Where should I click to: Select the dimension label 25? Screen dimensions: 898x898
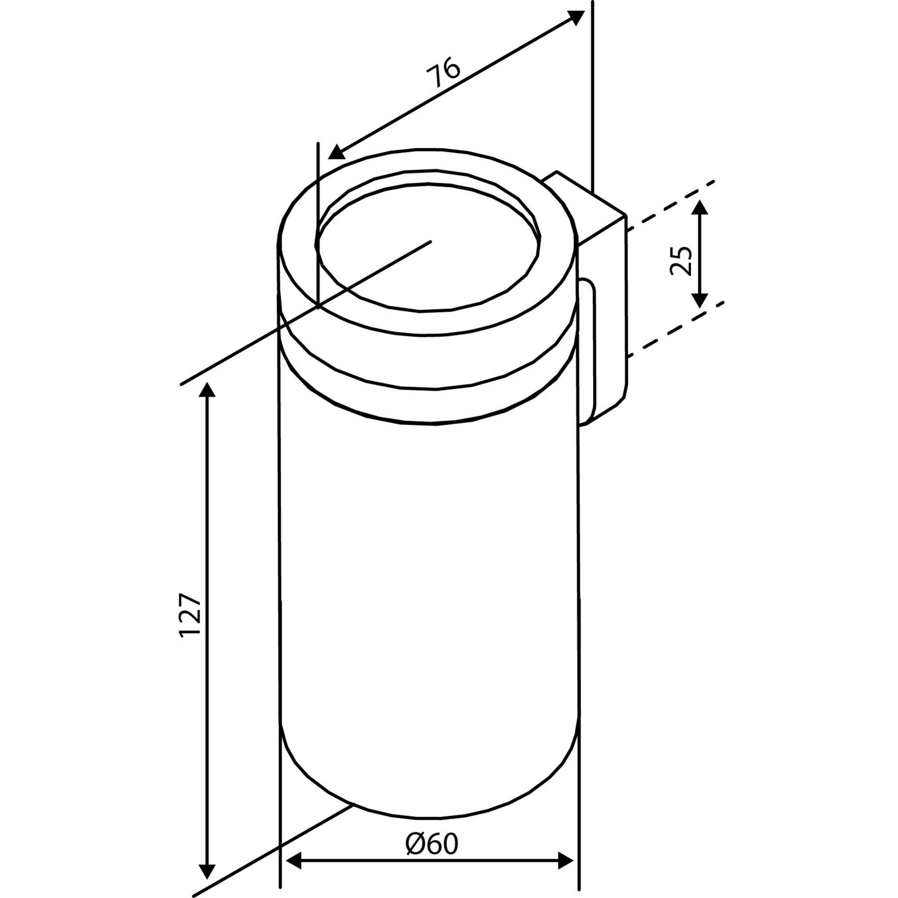click(682, 260)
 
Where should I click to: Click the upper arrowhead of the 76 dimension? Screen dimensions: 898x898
click(576, 17)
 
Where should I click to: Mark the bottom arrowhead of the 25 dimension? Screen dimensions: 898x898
click(700, 299)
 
